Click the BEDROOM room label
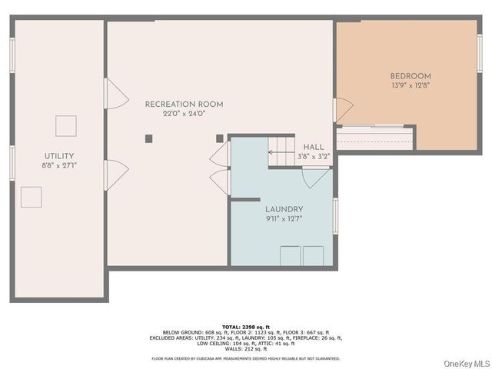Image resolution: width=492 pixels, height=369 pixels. click(411, 76)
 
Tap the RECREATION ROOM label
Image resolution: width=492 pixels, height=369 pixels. click(184, 104)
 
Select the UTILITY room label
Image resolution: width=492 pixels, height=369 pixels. click(58, 155)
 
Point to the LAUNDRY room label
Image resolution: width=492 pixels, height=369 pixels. click(284, 209)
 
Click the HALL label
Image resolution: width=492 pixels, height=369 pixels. click(314, 147)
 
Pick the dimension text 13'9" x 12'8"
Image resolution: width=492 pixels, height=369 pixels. click(411, 85)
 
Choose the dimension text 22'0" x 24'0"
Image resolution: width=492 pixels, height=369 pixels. click(184, 114)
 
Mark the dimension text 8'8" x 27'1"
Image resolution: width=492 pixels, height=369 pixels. click(58, 165)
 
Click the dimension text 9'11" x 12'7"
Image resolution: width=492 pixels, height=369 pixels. click(284, 218)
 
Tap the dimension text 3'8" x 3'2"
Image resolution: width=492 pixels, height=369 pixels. click(314, 156)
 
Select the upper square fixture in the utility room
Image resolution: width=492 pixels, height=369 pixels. click(66, 125)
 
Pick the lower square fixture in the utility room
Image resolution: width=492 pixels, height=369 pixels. click(32, 197)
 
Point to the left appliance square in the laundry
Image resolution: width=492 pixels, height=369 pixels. click(290, 256)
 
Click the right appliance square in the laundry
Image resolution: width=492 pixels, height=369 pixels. click(313, 256)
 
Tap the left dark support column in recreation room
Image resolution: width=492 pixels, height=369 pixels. click(149, 138)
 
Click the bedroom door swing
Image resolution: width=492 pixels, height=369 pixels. click(343, 110)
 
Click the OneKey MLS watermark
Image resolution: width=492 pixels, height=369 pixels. click(465, 362)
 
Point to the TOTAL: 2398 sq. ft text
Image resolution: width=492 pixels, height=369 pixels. click(246, 326)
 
